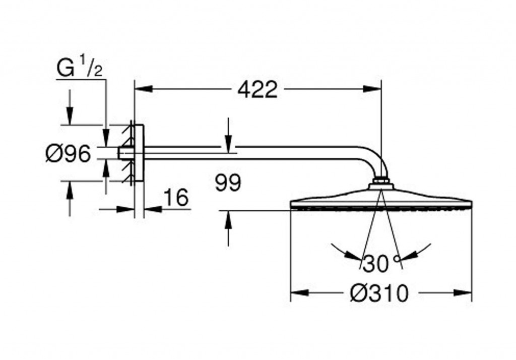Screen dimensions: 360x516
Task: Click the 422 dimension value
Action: [257, 90]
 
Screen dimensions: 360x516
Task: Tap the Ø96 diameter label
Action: [68, 153]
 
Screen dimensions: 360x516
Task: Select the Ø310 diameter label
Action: [379, 292]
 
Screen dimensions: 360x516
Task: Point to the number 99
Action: [228, 183]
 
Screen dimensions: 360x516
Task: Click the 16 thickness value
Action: [176, 198]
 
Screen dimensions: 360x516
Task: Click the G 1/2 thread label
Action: [80, 69]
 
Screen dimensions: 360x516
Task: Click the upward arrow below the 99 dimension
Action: [228, 220]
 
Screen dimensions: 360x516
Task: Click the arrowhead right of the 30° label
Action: [409, 257]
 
